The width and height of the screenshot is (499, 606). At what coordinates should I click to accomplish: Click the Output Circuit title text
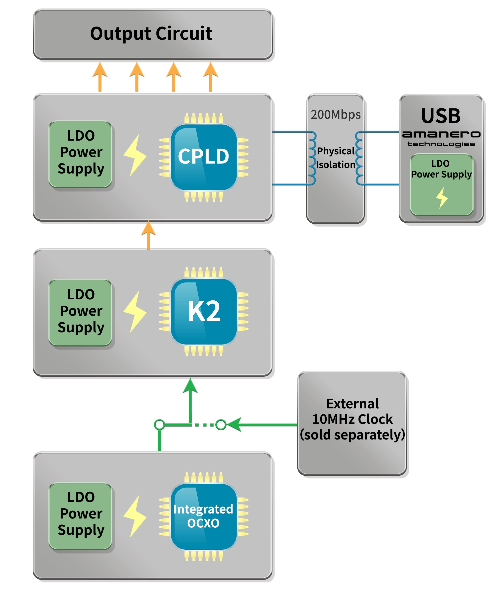click(151, 34)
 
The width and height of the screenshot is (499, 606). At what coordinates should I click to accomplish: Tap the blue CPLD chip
click(204, 157)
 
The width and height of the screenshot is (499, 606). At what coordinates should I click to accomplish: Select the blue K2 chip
click(204, 311)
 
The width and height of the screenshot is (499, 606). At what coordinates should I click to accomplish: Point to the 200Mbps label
click(335, 115)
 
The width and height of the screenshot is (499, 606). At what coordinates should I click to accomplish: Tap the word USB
click(441, 116)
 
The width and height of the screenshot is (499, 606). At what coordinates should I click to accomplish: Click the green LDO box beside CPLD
click(81, 154)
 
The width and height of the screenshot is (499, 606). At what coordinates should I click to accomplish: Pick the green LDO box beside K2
click(81, 312)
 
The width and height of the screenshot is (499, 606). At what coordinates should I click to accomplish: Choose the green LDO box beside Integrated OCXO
click(81, 516)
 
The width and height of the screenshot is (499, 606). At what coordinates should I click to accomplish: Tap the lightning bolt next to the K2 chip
click(135, 311)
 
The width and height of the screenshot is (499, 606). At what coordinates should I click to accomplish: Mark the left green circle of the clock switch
click(159, 425)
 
